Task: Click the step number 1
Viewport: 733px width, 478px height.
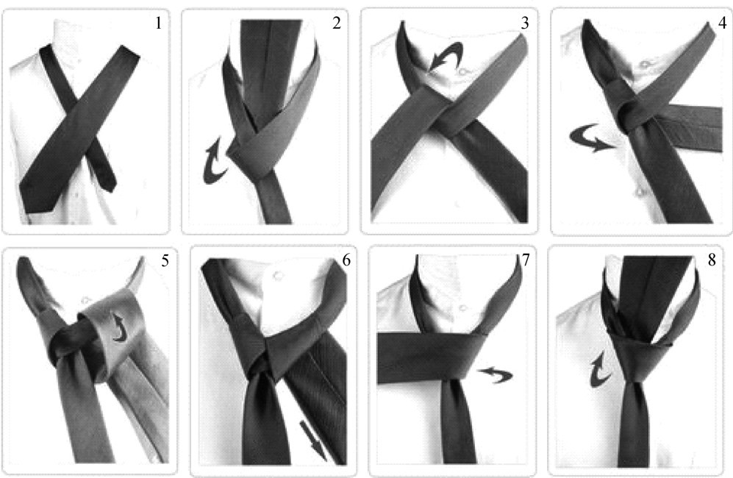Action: pos(159,23)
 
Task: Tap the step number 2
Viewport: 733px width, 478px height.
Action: pos(337,23)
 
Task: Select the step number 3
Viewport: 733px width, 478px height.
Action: pos(524,23)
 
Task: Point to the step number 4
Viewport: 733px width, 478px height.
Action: pos(722,23)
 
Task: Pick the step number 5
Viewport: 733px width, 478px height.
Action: pos(165,260)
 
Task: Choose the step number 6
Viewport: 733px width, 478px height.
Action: pos(346,260)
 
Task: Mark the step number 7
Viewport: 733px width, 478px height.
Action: pos(526,260)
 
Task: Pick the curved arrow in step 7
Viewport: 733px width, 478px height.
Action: pos(496,374)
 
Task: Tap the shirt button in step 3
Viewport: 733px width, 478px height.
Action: pos(463,72)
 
